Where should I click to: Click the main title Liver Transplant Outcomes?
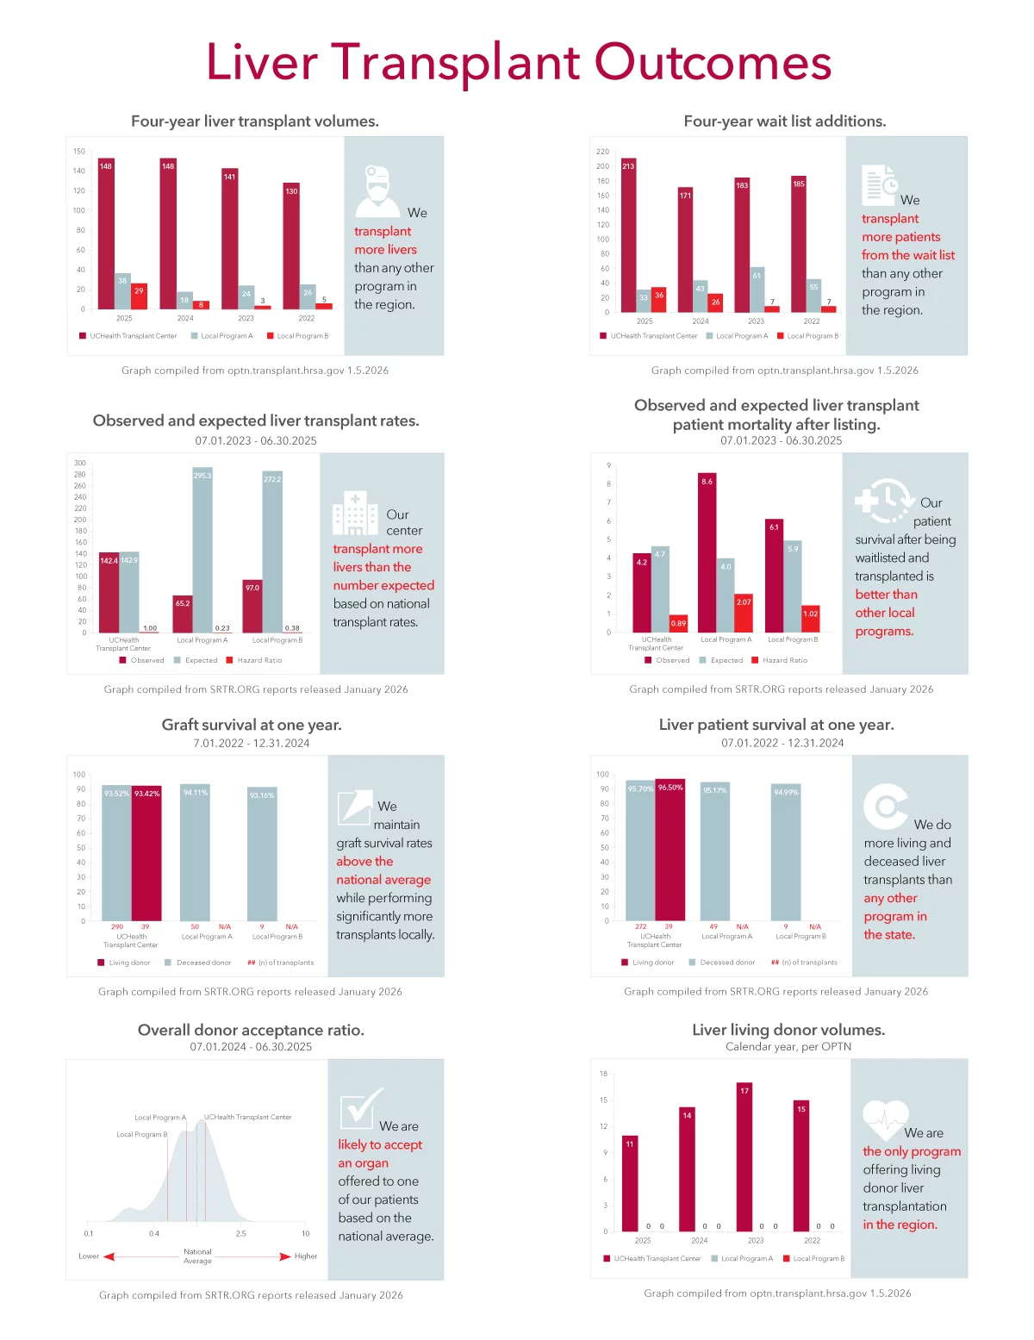tap(518, 63)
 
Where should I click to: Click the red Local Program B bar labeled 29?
tap(139, 296)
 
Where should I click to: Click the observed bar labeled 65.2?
tap(182, 614)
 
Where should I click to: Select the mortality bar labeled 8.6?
tap(707, 552)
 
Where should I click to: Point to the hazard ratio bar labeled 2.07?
tap(744, 613)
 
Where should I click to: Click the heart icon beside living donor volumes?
tap(885, 1120)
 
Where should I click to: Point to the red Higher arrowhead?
tap(285, 1256)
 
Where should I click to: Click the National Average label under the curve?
tap(197, 1256)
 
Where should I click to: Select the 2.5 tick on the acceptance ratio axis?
tap(240, 1233)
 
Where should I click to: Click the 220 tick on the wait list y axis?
tap(602, 152)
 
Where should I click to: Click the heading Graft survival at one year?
tap(252, 725)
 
